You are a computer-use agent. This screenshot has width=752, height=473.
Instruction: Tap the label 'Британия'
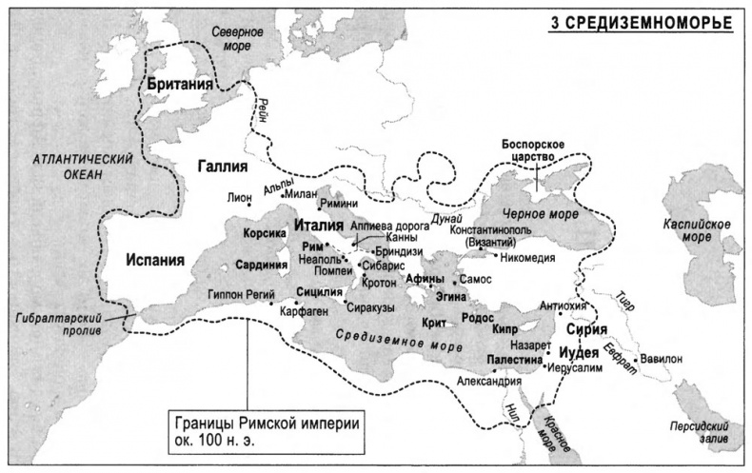pyautogui.click(x=179, y=85)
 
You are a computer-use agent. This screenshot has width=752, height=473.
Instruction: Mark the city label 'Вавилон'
pyautogui.click(x=686, y=358)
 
